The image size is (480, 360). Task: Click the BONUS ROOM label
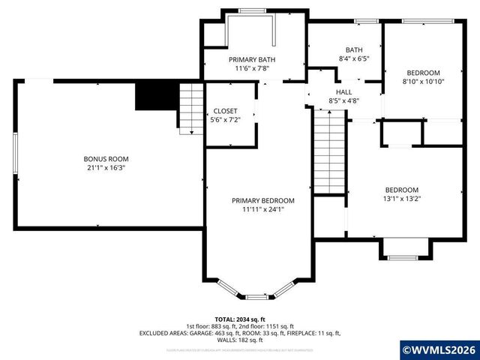pyautogui.click(x=106, y=159)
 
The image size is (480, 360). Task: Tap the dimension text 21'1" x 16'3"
pyautogui.click(x=106, y=168)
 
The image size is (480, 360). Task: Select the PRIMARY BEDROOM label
pyautogui.click(x=252, y=200)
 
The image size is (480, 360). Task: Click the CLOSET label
pyautogui.click(x=226, y=111)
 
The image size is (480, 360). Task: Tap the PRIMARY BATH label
pyautogui.click(x=252, y=59)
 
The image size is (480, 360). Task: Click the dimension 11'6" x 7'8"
pyautogui.click(x=252, y=68)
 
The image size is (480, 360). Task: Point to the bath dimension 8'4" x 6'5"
pyautogui.click(x=355, y=57)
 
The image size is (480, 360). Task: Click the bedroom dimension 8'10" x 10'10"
pyautogui.click(x=424, y=82)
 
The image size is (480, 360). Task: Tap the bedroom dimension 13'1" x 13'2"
pyautogui.click(x=402, y=199)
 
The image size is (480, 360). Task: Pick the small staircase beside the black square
pyautogui.click(x=191, y=109)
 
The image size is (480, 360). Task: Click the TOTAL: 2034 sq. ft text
pyautogui.click(x=240, y=319)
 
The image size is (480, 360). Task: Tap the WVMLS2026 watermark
pyautogui.click(x=439, y=349)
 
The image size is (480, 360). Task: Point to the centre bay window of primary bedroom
pyautogui.click(x=256, y=297)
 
